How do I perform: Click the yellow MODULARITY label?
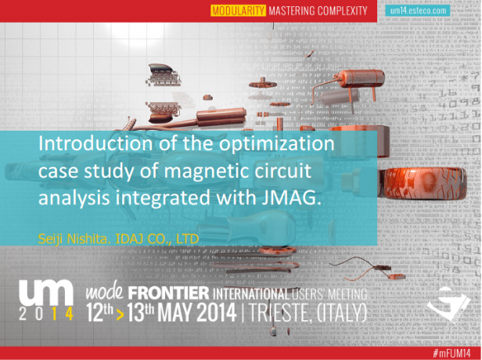coord(238,11)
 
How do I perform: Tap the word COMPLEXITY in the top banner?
coord(342,11)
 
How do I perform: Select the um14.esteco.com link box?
coord(418,11)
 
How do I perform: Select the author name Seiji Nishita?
coord(74,239)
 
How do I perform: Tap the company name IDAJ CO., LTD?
coord(157,239)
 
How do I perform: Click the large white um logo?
coord(46,293)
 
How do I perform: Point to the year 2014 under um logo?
coord(46,314)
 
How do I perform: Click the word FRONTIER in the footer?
coord(168,293)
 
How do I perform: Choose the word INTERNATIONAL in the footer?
coord(251,294)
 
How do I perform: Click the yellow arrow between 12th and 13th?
coord(120,315)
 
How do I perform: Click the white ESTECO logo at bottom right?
coord(448,303)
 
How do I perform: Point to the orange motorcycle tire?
coord(426,183)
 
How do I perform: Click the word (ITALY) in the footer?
coord(341,313)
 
